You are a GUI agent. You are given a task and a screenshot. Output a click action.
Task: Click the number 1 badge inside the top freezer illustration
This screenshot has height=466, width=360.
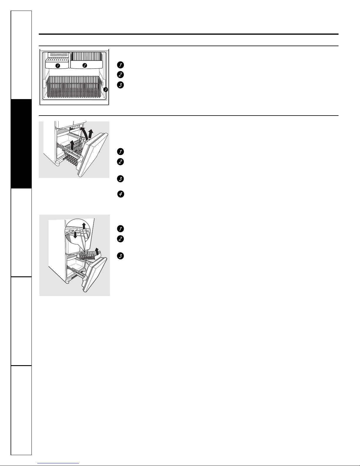[x=58, y=66]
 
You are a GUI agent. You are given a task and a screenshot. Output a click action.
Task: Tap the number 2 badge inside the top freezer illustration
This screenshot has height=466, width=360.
[x=85, y=65]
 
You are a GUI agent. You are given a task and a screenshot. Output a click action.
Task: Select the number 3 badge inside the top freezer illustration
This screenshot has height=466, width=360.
[x=106, y=90]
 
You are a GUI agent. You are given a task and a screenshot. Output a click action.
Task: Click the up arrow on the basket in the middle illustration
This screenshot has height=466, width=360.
[x=73, y=145]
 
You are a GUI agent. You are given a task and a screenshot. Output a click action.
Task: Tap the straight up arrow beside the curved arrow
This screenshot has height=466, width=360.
[x=91, y=134]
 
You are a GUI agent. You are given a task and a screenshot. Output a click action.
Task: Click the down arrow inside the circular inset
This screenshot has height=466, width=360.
[x=75, y=234]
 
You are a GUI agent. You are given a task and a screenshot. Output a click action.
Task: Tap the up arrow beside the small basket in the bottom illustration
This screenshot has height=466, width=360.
[x=97, y=251]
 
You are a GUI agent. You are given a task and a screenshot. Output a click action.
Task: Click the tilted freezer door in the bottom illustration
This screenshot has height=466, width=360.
[x=95, y=275]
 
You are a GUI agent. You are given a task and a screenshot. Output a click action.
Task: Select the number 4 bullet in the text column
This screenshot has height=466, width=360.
[x=121, y=194]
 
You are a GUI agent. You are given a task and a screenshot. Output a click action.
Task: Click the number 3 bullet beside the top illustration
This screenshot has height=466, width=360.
[x=120, y=85]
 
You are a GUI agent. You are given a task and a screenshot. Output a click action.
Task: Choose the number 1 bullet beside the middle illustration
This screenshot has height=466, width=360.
[x=120, y=152]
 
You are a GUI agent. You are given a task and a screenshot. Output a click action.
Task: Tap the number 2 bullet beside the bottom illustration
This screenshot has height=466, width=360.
[x=120, y=239]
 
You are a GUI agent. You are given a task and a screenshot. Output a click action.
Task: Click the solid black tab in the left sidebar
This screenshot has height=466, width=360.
[x=21, y=144]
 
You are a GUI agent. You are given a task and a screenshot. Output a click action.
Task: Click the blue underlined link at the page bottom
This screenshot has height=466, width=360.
[x=58, y=463]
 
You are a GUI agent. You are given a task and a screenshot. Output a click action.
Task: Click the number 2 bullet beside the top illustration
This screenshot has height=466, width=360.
[x=120, y=75]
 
